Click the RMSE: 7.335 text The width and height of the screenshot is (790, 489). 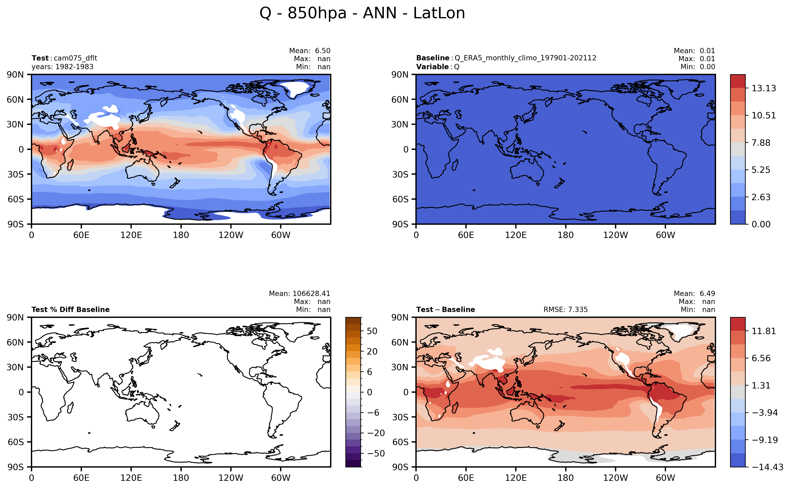tap(565, 309)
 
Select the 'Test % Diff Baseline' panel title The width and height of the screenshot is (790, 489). tap(70, 309)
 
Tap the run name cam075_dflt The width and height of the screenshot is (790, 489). tap(75, 58)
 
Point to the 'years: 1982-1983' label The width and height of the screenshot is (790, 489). tap(62, 67)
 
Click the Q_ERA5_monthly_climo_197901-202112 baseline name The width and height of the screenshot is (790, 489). tap(525, 58)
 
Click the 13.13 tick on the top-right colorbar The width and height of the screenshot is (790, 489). tap(764, 88)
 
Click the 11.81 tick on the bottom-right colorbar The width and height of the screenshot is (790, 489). tap(764, 331)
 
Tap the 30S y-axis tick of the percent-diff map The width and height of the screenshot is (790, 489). tap(16, 417)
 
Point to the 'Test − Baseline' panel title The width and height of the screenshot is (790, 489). tap(445, 309)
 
